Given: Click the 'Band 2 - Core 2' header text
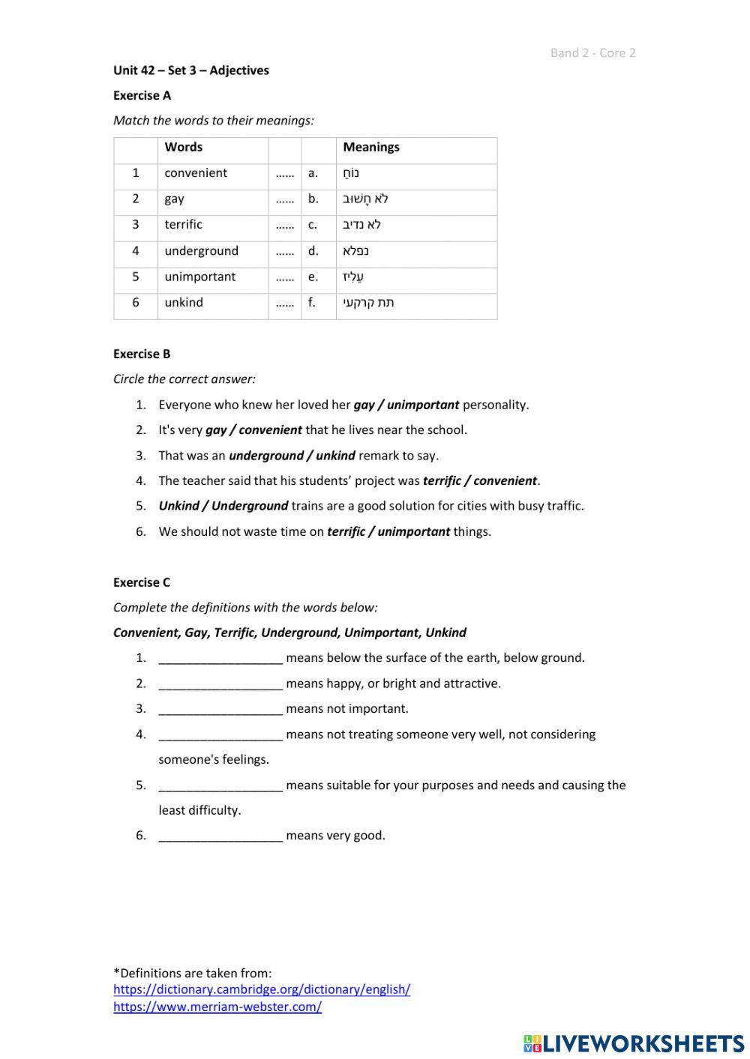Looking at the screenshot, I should click(592, 52).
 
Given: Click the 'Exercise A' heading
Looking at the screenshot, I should click(142, 95).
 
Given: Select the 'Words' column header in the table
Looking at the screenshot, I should click(184, 147).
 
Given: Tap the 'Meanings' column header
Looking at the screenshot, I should click(371, 147).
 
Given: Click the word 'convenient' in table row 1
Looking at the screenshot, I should click(196, 173).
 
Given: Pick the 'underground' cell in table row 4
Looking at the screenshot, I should click(201, 251).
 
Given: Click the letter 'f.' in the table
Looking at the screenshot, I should click(312, 303).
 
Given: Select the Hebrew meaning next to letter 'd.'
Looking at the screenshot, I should click(355, 251).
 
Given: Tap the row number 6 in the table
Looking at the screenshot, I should click(136, 303).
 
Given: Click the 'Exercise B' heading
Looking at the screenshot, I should click(142, 354).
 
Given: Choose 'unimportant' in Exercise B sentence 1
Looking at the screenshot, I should click(423, 405).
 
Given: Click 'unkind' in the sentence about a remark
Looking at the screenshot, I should click(335, 456).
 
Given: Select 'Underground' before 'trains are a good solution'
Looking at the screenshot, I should click(250, 506).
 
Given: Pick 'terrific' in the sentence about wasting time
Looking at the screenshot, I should click(347, 532).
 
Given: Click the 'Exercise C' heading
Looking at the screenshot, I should click(142, 582).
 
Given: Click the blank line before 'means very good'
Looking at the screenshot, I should click(220, 836).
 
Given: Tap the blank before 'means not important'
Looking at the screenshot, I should click(220, 709).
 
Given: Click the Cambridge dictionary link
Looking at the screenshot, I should click(262, 989).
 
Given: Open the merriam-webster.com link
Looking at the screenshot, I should click(217, 1007).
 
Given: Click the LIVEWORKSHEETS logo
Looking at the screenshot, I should click(634, 1043).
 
